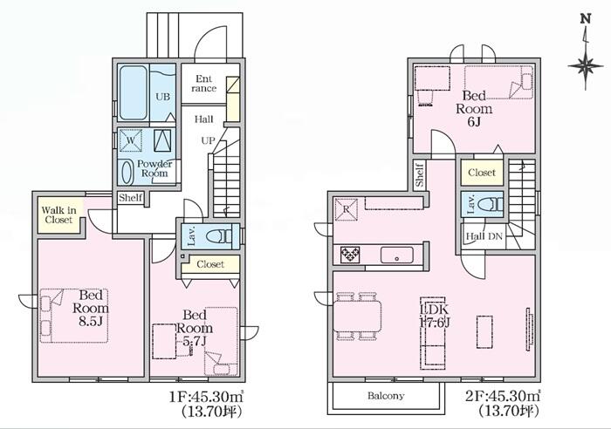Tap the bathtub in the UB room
coord(134,92)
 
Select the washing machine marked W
coord(130,140)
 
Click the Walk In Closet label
coord(58,214)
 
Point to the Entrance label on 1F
coord(203,84)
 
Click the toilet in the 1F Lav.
coord(218,236)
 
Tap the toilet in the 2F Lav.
coord(491,204)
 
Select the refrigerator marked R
coord(346,209)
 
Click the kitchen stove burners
coord(350,255)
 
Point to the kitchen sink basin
coord(396,255)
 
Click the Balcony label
coord(386,396)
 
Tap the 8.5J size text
coord(92,321)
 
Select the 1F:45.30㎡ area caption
coord(206,397)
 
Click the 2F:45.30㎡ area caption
coord(503,396)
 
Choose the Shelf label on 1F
coord(131,198)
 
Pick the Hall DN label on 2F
coord(484,236)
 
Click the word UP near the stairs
coord(208,140)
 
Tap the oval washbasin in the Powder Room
coord(127,173)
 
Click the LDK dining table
coord(357,317)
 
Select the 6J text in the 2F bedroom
coord(473,122)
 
